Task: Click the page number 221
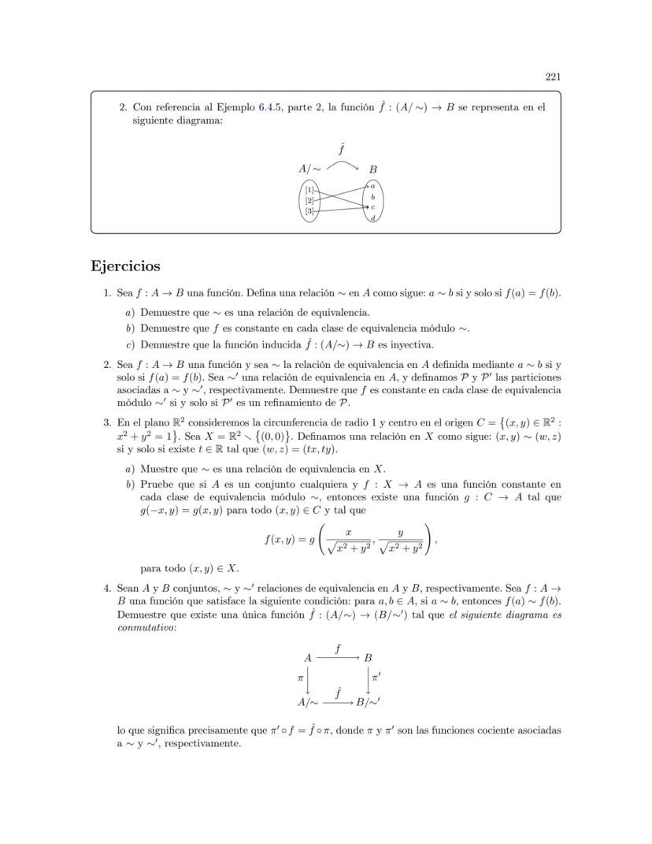click(552, 76)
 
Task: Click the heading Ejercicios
click(126, 266)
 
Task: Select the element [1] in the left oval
click(310, 190)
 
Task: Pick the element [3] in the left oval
click(310, 211)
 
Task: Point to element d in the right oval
click(372, 218)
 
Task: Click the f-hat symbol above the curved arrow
click(342, 148)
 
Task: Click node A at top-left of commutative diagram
click(307, 657)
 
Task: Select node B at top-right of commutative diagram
click(369, 657)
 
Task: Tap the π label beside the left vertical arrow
click(300, 677)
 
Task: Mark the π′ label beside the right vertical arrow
click(376, 677)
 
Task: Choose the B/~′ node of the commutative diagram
click(369, 701)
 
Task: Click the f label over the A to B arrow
click(338, 648)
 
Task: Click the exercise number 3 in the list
click(108, 423)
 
